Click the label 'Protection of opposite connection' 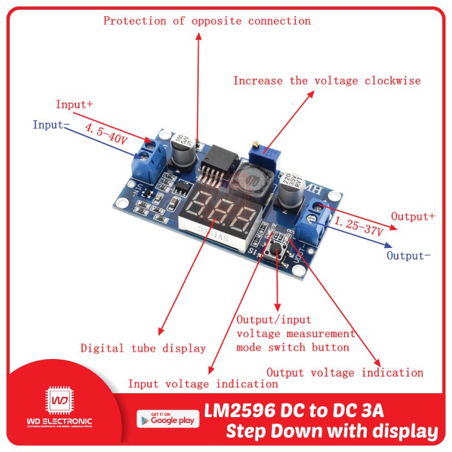pos(207,21)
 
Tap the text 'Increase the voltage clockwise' pos(327,81)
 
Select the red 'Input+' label pos(74,104)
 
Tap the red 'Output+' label pos(413,216)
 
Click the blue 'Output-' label pos(408,256)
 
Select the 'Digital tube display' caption pos(143,348)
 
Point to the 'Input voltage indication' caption pos(203,384)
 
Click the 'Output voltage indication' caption pos(345,373)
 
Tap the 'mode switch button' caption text pos(293,347)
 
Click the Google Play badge pos(167,418)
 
